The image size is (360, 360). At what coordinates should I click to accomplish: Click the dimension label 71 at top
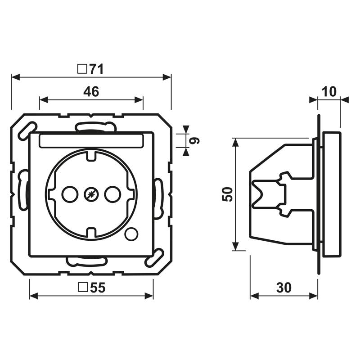95,69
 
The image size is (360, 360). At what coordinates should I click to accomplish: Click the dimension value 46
91,92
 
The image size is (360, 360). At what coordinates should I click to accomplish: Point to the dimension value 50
228,194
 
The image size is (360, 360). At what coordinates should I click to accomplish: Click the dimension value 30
284,288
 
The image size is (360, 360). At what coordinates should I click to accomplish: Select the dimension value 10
329,92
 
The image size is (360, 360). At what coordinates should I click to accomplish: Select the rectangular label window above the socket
91,141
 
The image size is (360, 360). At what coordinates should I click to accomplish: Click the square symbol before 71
82,69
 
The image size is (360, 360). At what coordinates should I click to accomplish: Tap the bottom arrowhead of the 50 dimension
235,247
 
